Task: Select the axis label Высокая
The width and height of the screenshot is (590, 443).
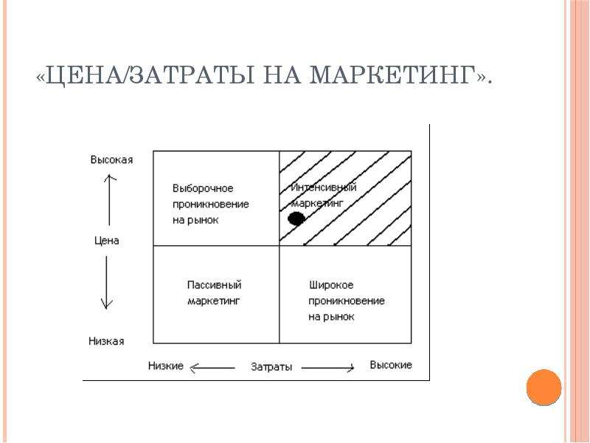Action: (x=112, y=159)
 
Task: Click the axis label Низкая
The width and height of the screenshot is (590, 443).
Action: (x=106, y=341)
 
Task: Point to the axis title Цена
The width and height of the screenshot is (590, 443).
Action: (x=107, y=241)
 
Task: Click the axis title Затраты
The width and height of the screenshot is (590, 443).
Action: (x=271, y=366)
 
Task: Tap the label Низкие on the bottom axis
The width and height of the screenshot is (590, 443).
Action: (x=165, y=365)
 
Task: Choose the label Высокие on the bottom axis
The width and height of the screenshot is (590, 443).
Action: (x=391, y=365)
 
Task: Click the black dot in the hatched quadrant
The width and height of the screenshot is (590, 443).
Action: (x=296, y=219)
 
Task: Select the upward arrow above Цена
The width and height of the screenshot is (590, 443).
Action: (x=109, y=199)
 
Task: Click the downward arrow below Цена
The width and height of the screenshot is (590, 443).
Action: (x=106, y=283)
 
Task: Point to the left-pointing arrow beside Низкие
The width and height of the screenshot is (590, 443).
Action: (x=212, y=368)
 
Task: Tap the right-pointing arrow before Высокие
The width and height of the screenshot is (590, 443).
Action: (x=327, y=368)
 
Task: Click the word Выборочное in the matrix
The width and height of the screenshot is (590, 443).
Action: (x=203, y=188)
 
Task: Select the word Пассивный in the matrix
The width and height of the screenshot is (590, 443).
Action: (x=214, y=285)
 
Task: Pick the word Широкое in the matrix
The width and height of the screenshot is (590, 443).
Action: (x=331, y=285)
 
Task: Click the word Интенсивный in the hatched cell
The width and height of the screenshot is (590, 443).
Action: (x=324, y=188)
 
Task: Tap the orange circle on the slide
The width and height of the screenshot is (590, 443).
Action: (x=544, y=387)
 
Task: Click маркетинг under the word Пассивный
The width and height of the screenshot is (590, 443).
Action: (x=213, y=301)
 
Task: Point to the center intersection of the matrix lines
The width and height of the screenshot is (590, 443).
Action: (x=280, y=246)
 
